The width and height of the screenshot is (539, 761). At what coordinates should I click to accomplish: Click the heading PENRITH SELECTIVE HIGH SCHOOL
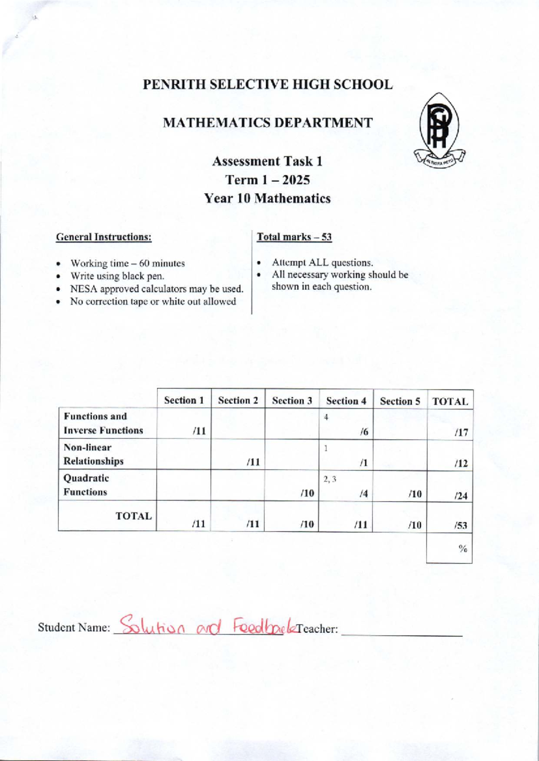click(268, 84)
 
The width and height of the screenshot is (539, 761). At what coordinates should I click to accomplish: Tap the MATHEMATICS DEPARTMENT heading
click(268, 122)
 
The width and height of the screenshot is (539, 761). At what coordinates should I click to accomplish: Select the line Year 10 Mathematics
click(267, 198)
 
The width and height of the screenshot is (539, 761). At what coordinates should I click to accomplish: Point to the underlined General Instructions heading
click(103, 237)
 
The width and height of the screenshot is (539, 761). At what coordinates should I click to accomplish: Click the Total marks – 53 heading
click(294, 237)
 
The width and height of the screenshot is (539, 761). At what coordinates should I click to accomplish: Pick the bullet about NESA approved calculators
click(156, 289)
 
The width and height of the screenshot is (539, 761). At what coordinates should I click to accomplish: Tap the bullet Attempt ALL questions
click(322, 262)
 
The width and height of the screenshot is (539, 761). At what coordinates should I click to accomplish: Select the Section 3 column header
click(292, 400)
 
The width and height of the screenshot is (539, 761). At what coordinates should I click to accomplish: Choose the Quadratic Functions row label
click(86, 485)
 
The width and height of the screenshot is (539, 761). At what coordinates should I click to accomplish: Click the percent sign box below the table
click(449, 548)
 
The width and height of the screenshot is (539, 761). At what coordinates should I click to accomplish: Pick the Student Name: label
click(74, 627)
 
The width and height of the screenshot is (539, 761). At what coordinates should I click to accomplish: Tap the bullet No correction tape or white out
click(153, 302)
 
